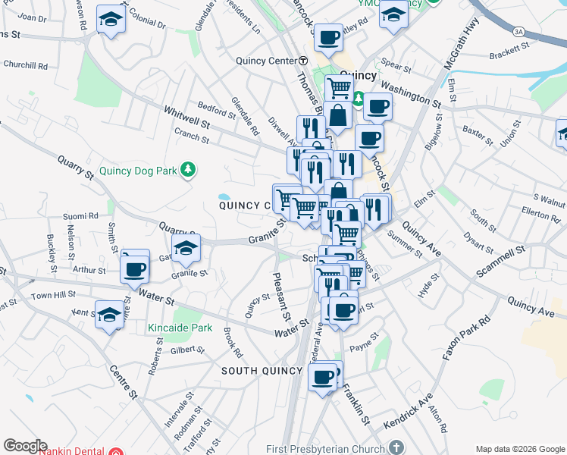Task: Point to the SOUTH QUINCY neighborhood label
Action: coord(261,371)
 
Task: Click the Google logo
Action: coord(25,446)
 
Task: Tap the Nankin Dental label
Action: coord(73,450)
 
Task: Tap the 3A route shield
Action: coord(518,31)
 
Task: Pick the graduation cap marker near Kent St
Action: coord(108,313)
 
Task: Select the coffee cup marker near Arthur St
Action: coord(135,268)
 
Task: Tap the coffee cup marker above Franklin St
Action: coord(323,375)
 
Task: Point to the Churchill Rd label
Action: coord(27,66)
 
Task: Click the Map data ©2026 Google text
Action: coord(519,449)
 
